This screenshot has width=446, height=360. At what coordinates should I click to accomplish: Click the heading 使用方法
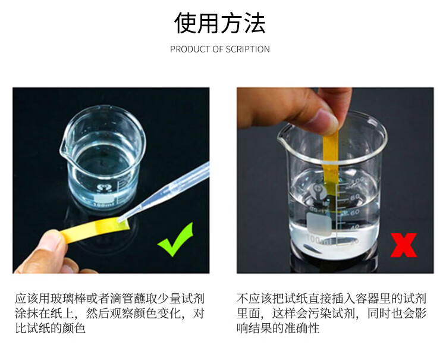[219, 23]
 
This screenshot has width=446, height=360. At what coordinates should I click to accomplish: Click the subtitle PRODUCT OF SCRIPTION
[220, 49]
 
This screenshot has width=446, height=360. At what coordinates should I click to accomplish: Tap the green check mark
[175, 240]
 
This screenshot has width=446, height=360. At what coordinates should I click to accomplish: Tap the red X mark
[403, 245]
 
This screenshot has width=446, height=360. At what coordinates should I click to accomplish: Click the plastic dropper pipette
[164, 191]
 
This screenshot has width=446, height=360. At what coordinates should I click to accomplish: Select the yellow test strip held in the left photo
[95, 228]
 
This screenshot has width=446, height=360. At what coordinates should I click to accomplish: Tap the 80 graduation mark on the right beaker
[354, 197]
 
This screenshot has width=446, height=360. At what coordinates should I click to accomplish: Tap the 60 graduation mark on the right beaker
[354, 212]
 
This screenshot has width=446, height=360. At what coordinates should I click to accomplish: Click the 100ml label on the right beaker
[317, 240]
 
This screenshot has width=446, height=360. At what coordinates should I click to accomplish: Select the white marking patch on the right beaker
[319, 224]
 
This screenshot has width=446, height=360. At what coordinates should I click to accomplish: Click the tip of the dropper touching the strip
[119, 220]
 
